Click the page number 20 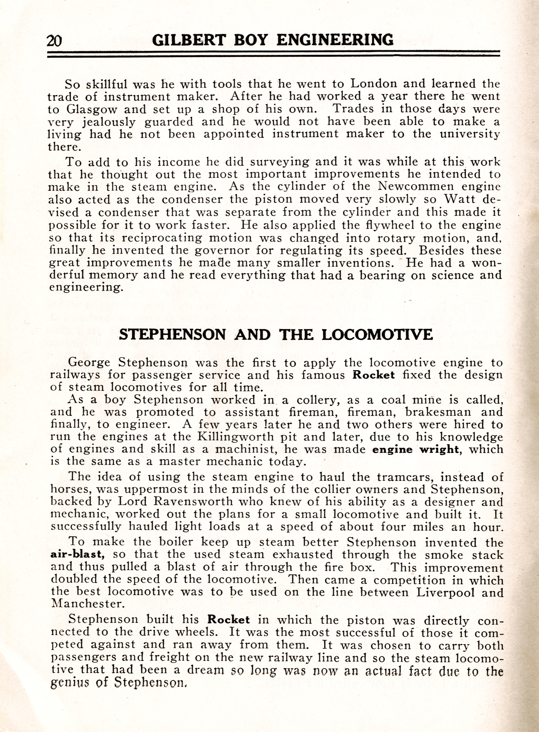(x=55, y=41)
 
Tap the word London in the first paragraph (x=373, y=84)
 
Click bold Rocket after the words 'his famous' (x=373, y=375)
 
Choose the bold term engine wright (x=415, y=449)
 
